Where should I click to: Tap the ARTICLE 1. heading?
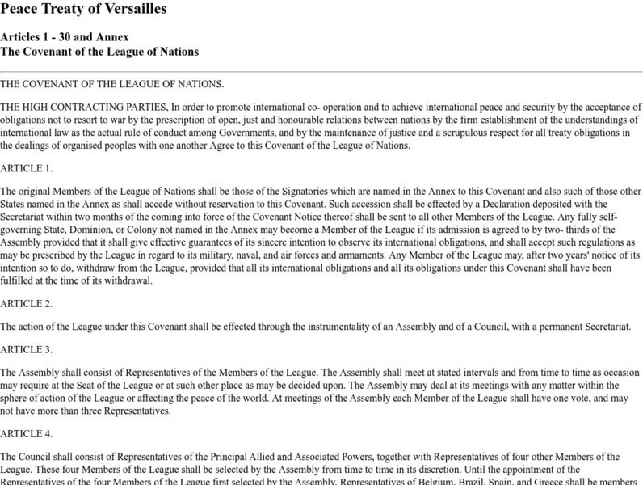tap(27, 168)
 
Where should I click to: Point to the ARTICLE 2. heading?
tap(27, 303)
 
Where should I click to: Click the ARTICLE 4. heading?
tap(27, 433)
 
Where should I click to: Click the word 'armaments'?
tap(359, 255)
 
